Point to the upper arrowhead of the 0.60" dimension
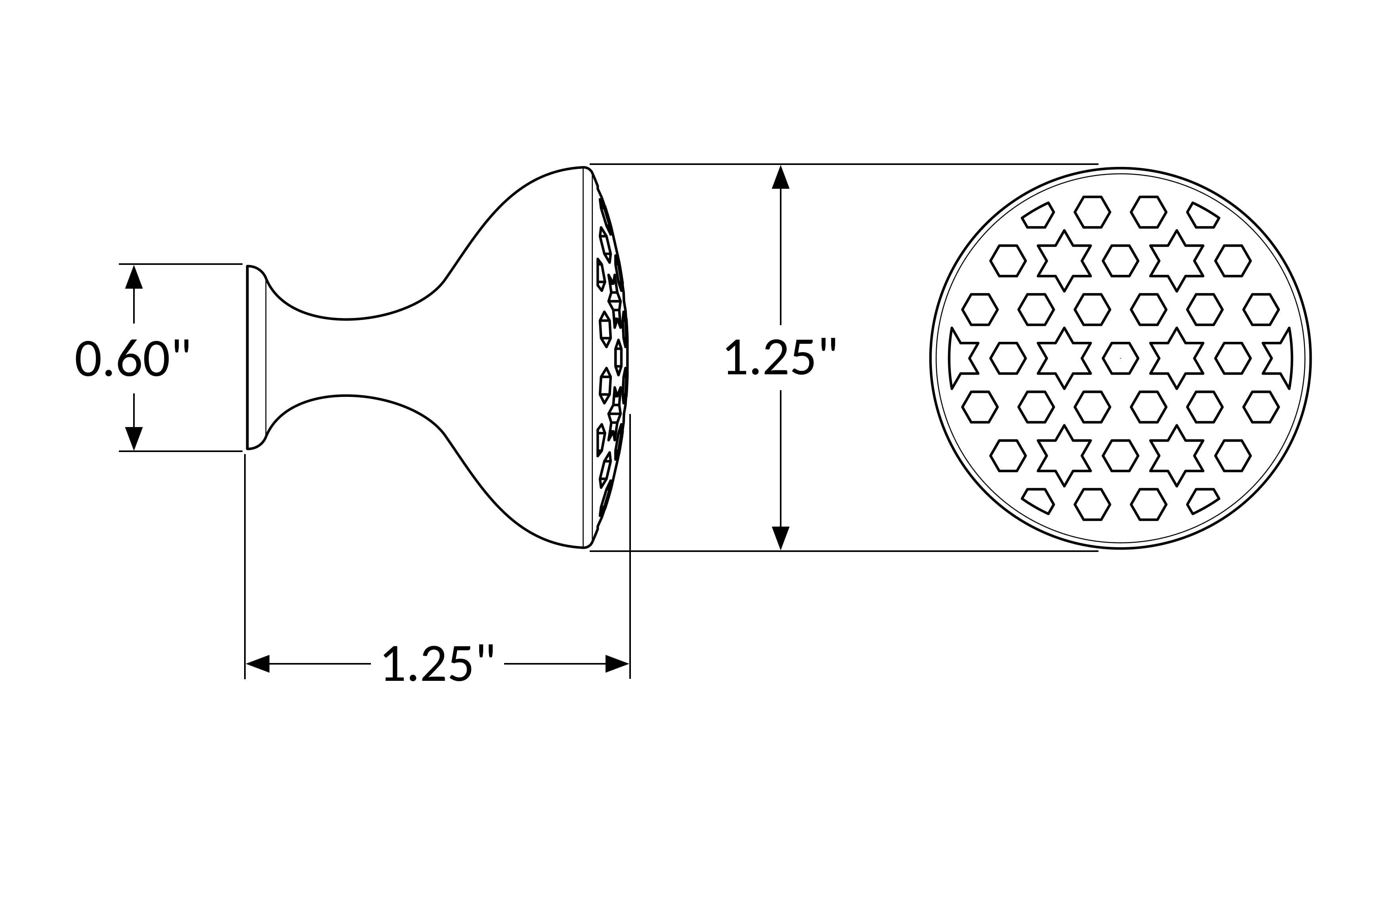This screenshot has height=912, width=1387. pos(134,277)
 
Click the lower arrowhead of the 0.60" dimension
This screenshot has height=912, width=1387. pos(134,439)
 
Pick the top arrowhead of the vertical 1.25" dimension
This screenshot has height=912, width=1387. pos(780,177)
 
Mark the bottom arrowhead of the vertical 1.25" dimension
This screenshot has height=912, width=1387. pos(780,538)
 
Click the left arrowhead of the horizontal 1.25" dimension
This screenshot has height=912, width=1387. pos(258,664)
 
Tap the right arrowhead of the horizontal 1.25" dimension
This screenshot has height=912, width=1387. pos(617,664)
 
